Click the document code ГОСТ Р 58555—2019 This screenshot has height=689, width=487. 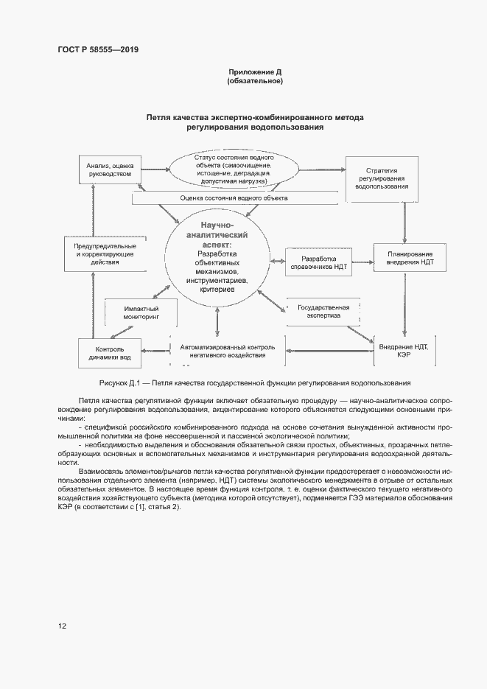[x=98, y=50]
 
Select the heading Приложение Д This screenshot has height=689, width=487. [x=255, y=72]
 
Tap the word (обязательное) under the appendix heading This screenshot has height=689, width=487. [x=255, y=81]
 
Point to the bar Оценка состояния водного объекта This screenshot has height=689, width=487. [x=234, y=198]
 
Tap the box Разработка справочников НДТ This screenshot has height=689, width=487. [x=318, y=264]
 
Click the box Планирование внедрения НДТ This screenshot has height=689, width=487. [x=405, y=257]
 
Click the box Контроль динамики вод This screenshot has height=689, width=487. [x=109, y=352]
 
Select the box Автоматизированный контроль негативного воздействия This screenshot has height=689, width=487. [x=227, y=351]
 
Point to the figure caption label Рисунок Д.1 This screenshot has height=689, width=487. [x=119, y=383]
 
